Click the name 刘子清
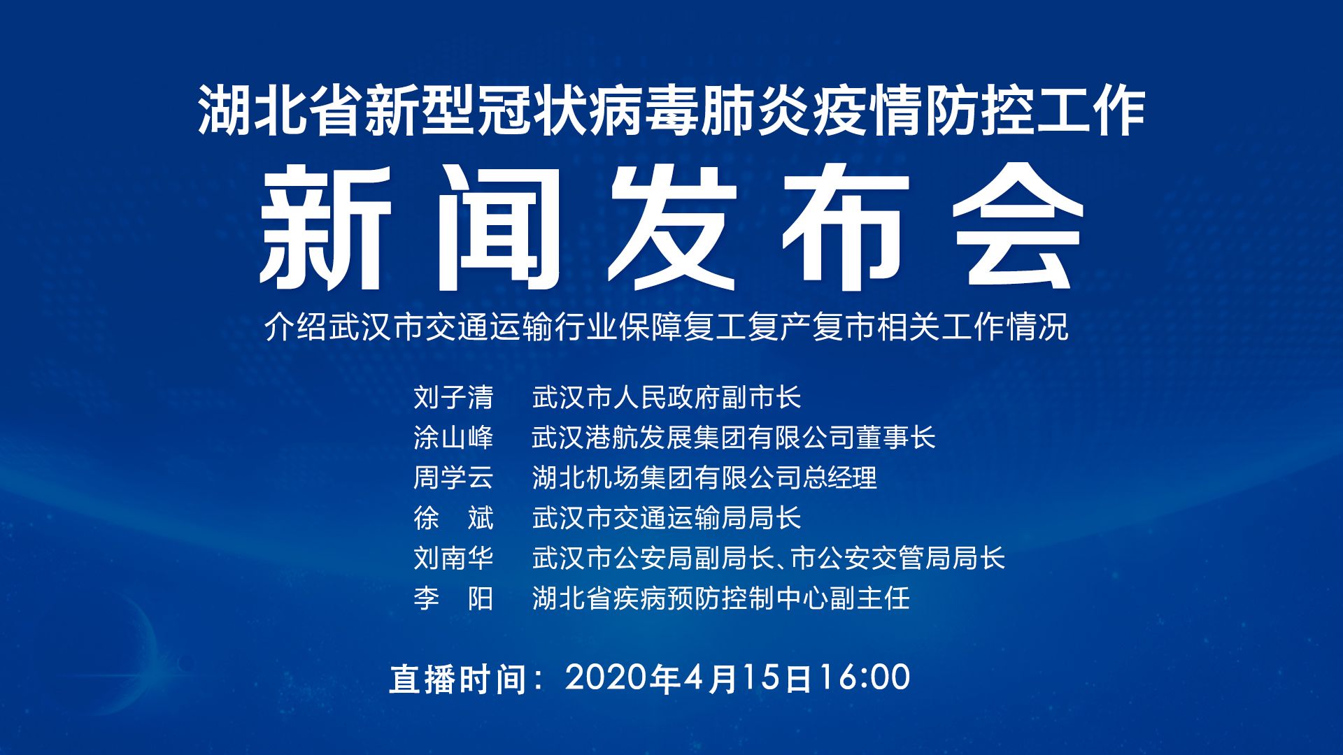[453, 398]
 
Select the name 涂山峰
[453, 438]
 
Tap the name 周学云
[453, 477]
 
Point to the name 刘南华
[453, 558]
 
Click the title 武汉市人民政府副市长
[667, 398]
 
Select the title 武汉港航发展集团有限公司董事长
[734, 438]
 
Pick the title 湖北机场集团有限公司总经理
[704, 477]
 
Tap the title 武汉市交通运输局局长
[667, 518]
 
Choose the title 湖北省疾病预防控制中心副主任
[721, 598]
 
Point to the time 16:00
[865, 677]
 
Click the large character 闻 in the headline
[498, 228]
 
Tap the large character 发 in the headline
[671, 228]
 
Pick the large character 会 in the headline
[1018, 228]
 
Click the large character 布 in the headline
[845, 228]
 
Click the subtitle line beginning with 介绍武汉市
[667, 327]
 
